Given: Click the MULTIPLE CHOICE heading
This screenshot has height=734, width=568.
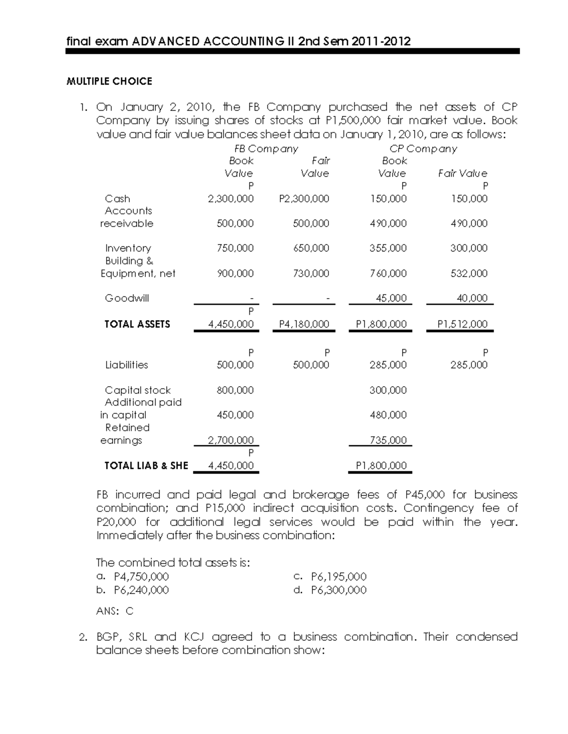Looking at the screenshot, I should (109, 81).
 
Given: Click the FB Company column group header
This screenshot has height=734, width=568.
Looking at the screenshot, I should (266, 149).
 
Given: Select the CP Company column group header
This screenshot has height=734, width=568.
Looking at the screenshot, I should (423, 149).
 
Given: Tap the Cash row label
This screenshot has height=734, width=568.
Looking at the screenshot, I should (117, 199).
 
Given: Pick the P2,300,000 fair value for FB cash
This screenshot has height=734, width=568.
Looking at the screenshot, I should (304, 199).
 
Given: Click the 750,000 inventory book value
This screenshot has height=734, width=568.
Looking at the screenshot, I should (235, 248).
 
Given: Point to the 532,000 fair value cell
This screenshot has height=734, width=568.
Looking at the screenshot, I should (469, 273).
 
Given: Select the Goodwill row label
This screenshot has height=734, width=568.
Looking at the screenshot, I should (127, 298).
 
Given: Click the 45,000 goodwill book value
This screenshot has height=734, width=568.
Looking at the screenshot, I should (390, 298).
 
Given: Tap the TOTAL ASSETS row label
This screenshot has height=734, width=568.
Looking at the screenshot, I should (137, 324).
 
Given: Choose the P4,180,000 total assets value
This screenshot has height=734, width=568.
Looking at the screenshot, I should (304, 324).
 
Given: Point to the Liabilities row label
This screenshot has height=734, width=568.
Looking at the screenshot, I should (126, 365).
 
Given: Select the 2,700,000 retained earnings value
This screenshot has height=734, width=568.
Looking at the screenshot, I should (231, 440).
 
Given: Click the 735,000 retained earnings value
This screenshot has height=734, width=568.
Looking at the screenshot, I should (388, 440).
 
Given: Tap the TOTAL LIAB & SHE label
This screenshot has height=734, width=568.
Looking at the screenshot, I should (146, 466).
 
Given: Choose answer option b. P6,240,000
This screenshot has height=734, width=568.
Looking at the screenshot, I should (133, 590).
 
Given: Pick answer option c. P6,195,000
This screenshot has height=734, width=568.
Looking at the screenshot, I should (330, 577).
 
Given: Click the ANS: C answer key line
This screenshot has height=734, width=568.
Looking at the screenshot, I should (115, 611).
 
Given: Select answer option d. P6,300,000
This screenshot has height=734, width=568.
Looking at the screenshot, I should (330, 590).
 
